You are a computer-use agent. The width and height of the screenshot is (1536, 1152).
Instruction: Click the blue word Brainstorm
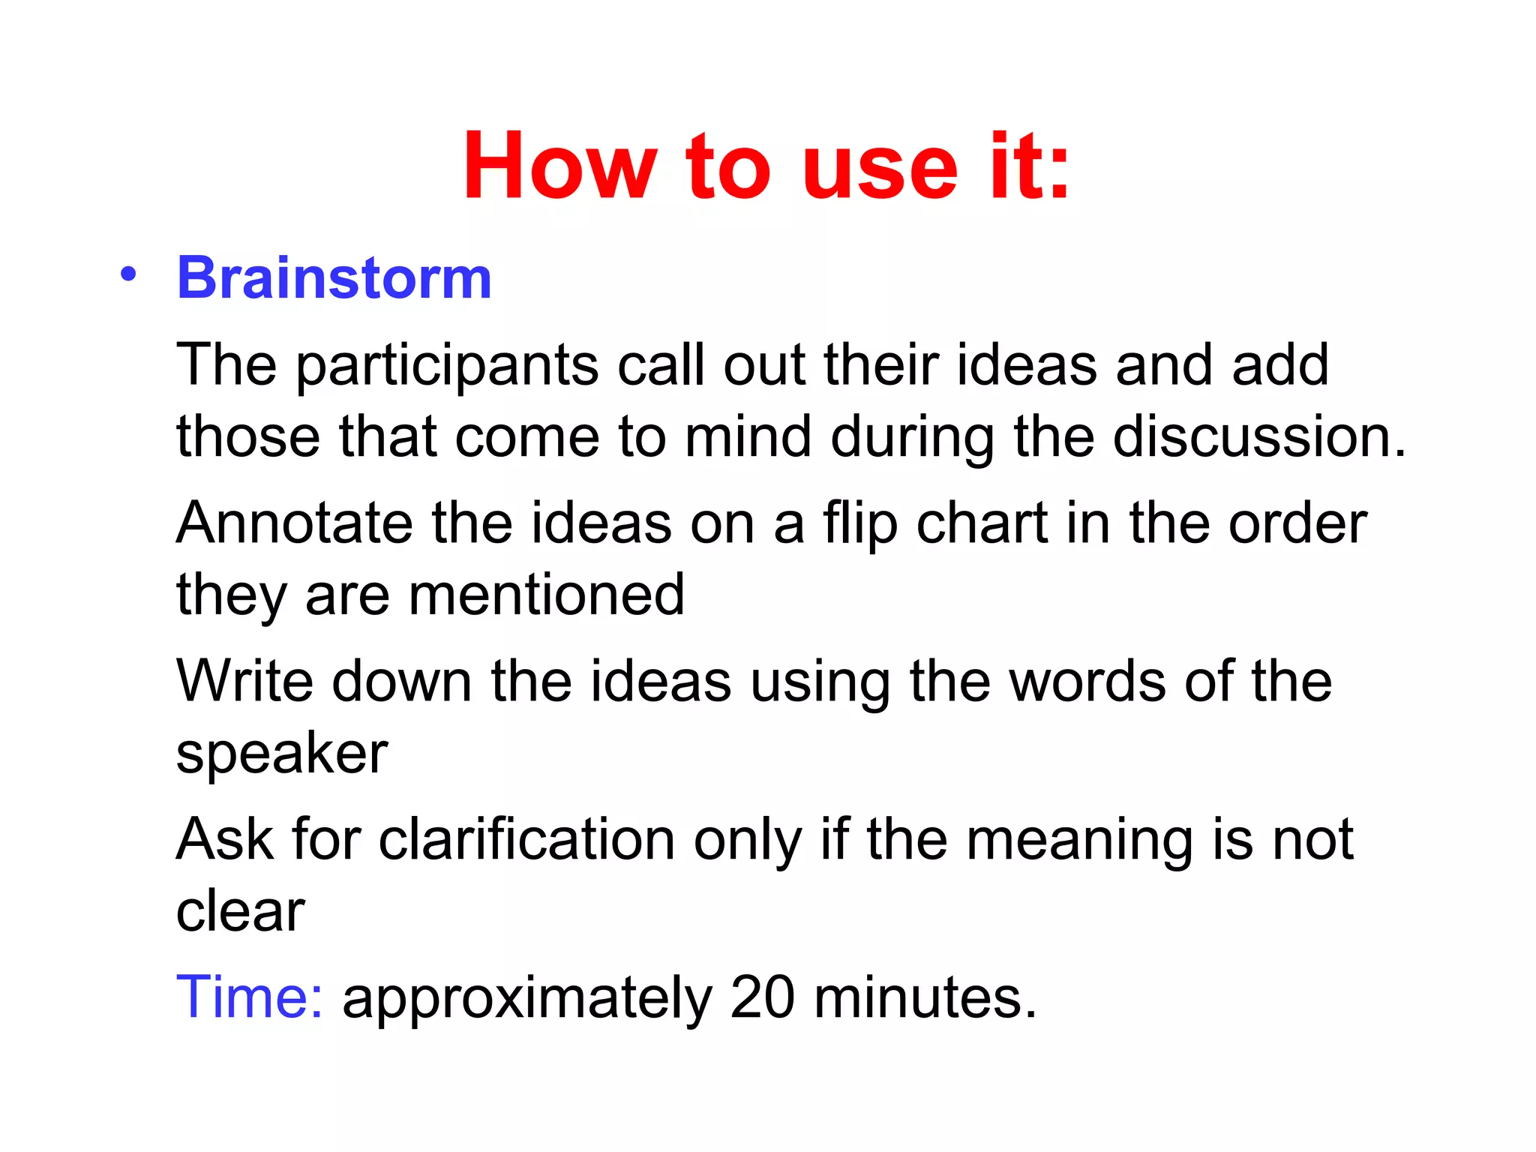coord(334,277)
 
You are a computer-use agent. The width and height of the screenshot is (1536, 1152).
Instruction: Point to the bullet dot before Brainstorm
coord(128,274)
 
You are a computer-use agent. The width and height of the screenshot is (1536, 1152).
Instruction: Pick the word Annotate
coord(294,523)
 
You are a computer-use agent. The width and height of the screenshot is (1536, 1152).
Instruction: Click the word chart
coord(982,523)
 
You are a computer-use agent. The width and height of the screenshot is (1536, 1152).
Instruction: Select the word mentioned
coord(546,595)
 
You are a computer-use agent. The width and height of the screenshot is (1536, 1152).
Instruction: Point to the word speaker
coord(282,754)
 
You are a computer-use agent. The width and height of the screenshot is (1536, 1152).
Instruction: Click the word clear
coord(240,911)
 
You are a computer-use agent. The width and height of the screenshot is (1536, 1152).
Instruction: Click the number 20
coord(762,997)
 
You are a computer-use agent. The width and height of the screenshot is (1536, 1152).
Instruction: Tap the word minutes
coord(925,997)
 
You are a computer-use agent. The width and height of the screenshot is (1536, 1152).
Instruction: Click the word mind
coord(748,436)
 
